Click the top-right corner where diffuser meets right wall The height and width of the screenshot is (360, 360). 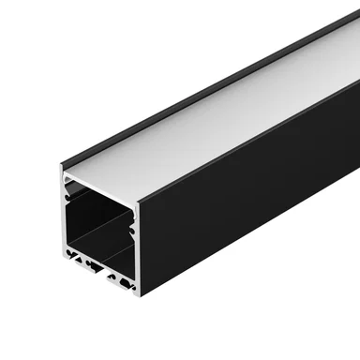[139, 202]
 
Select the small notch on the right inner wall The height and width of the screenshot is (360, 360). [133, 226]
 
